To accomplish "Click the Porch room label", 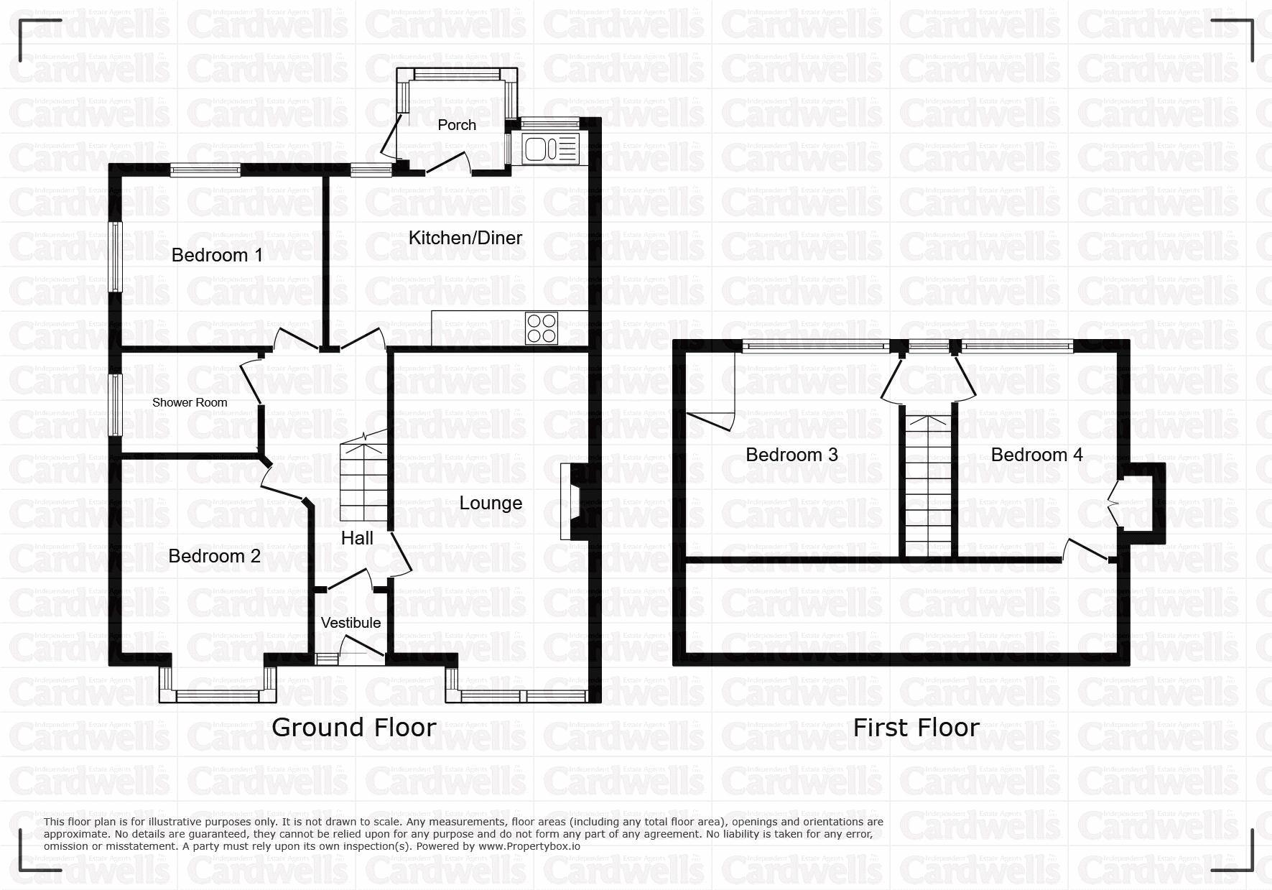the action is [457, 125].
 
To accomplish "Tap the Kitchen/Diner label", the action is [465, 238].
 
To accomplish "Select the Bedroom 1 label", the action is [217, 255].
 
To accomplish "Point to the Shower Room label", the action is [190, 402].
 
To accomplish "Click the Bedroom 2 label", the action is [215, 556].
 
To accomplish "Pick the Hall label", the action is [357, 538].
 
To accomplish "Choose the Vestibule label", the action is [351, 622].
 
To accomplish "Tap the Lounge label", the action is [491, 503].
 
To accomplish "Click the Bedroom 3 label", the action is [792, 455].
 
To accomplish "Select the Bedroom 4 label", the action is [1037, 455].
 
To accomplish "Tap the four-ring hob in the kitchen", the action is [541, 328].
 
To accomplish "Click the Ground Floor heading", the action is [354, 728].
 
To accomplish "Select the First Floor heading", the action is [916, 728].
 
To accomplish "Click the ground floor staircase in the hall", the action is [363, 478].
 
